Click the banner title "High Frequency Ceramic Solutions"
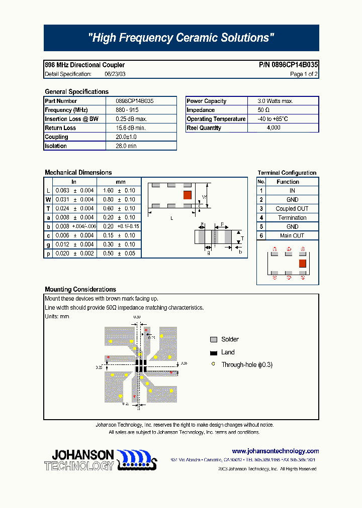tap(181, 38)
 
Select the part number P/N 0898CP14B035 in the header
tap(288, 65)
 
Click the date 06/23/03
tap(115, 74)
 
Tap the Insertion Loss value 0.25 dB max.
tap(131, 119)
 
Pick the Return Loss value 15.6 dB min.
tap(131, 128)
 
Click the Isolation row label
tap(56, 146)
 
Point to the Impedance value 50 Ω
tap(264, 110)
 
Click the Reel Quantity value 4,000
tap(274, 128)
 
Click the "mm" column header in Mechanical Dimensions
tap(121, 182)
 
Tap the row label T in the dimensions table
tap(48, 209)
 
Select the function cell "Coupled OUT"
tap(292, 209)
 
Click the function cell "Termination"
tap(292, 218)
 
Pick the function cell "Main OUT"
tap(292, 236)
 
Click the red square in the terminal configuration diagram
tap(303, 264)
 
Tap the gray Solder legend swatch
tap(214, 340)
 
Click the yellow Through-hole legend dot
tap(214, 364)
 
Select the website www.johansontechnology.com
tap(276, 451)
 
